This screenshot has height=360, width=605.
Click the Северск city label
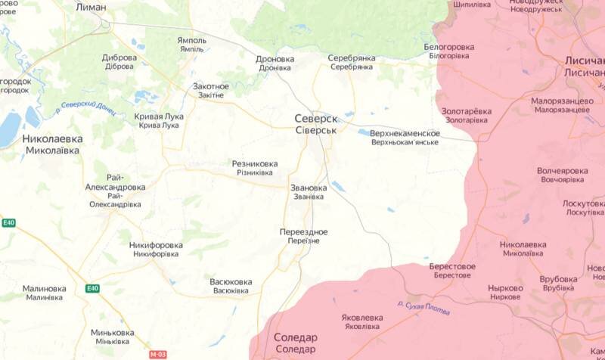315,119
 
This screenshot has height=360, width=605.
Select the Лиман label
91,7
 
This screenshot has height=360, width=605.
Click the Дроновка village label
275,59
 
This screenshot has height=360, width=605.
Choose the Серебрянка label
352,58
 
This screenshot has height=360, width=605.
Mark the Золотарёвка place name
466,111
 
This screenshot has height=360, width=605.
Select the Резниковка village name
254,164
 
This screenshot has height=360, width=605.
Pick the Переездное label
303,232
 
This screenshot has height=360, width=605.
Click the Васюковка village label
231,283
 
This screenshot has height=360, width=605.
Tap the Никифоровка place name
155,246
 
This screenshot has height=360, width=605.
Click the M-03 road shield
157,354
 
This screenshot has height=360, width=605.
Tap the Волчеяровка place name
562,172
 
